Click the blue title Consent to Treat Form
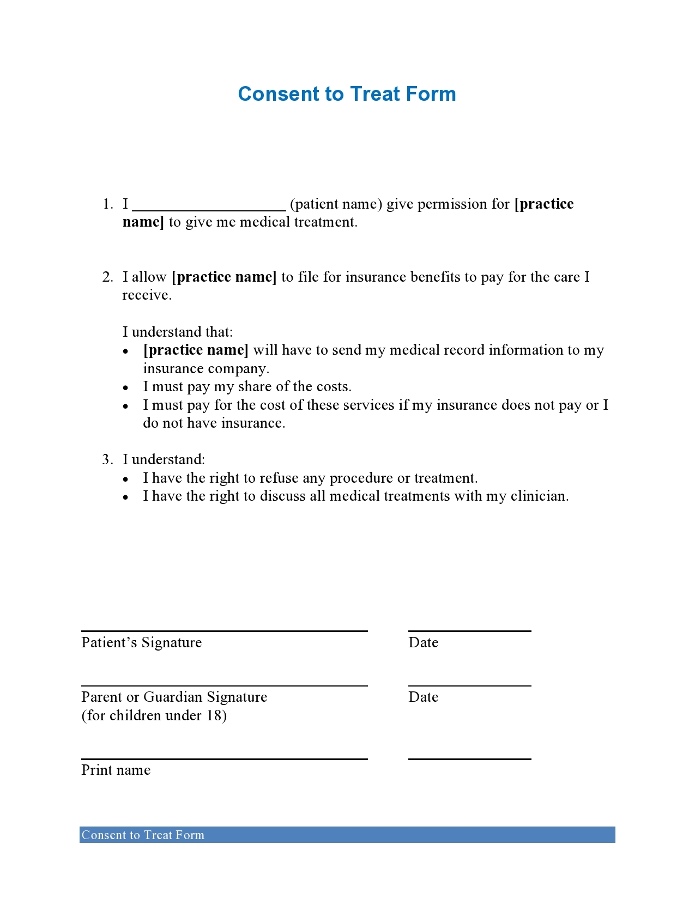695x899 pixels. coord(347,94)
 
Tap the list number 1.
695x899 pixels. coord(107,204)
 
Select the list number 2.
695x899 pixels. coord(107,277)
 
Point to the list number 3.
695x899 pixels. coord(107,460)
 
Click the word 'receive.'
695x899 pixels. coord(147,295)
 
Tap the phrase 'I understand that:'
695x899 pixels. coord(177,332)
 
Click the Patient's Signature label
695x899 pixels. coord(141,643)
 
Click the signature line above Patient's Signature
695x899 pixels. coord(224,631)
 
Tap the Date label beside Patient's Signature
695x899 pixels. coord(423,643)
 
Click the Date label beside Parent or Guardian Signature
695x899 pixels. coord(423,697)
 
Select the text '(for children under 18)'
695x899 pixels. coord(154,715)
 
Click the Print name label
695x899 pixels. coord(116,770)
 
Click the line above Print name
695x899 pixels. coord(224,758)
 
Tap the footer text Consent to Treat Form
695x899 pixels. coord(143,835)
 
